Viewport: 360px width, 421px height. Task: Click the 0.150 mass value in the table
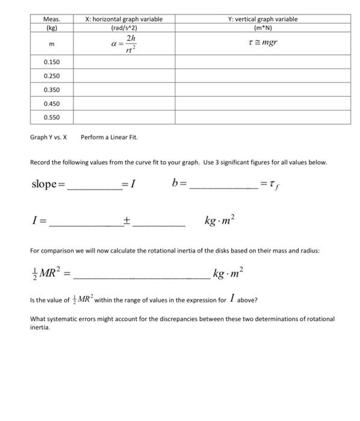[51, 63]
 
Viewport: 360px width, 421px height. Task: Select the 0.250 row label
[51, 76]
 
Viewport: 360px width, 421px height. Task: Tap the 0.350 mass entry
[51, 90]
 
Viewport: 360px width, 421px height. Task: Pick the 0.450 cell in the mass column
[51, 103]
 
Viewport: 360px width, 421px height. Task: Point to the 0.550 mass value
[51, 117]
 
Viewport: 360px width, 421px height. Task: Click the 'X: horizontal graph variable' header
[124, 19]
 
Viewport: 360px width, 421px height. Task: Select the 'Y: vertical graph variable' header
[262, 19]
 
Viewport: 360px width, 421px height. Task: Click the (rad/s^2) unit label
[124, 28]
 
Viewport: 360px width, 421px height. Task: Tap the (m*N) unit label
[262, 28]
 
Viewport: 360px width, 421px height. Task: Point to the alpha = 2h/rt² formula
[124, 44]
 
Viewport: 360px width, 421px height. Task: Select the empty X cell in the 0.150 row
[124, 63]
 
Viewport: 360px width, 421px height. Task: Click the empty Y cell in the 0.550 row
[262, 117]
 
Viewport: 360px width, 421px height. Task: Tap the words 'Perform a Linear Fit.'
[109, 137]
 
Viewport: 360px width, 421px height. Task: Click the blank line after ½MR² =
[141, 277]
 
